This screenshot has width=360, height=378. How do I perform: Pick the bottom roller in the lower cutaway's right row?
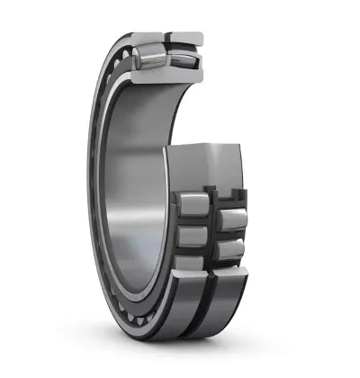(231, 247)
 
